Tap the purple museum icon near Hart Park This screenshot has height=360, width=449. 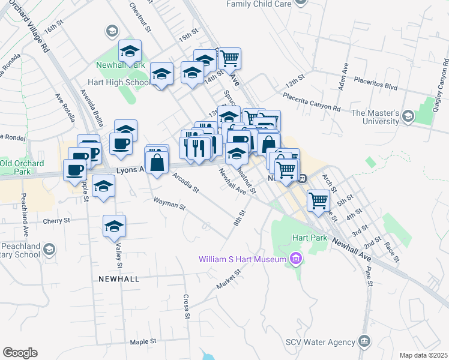pos(295,259)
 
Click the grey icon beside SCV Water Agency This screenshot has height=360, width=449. pos(364,342)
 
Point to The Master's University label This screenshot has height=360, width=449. pos(375,117)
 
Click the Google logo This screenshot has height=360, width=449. pos(20,353)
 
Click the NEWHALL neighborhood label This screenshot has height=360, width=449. pos(116,279)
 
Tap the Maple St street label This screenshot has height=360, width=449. pos(143,341)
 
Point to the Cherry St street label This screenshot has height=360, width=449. pos(56,221)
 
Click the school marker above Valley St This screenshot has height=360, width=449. pos(113,226)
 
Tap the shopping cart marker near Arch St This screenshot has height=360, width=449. pos(318,200)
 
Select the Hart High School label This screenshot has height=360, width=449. pos(119,83)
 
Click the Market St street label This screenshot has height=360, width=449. pos(229,280)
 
